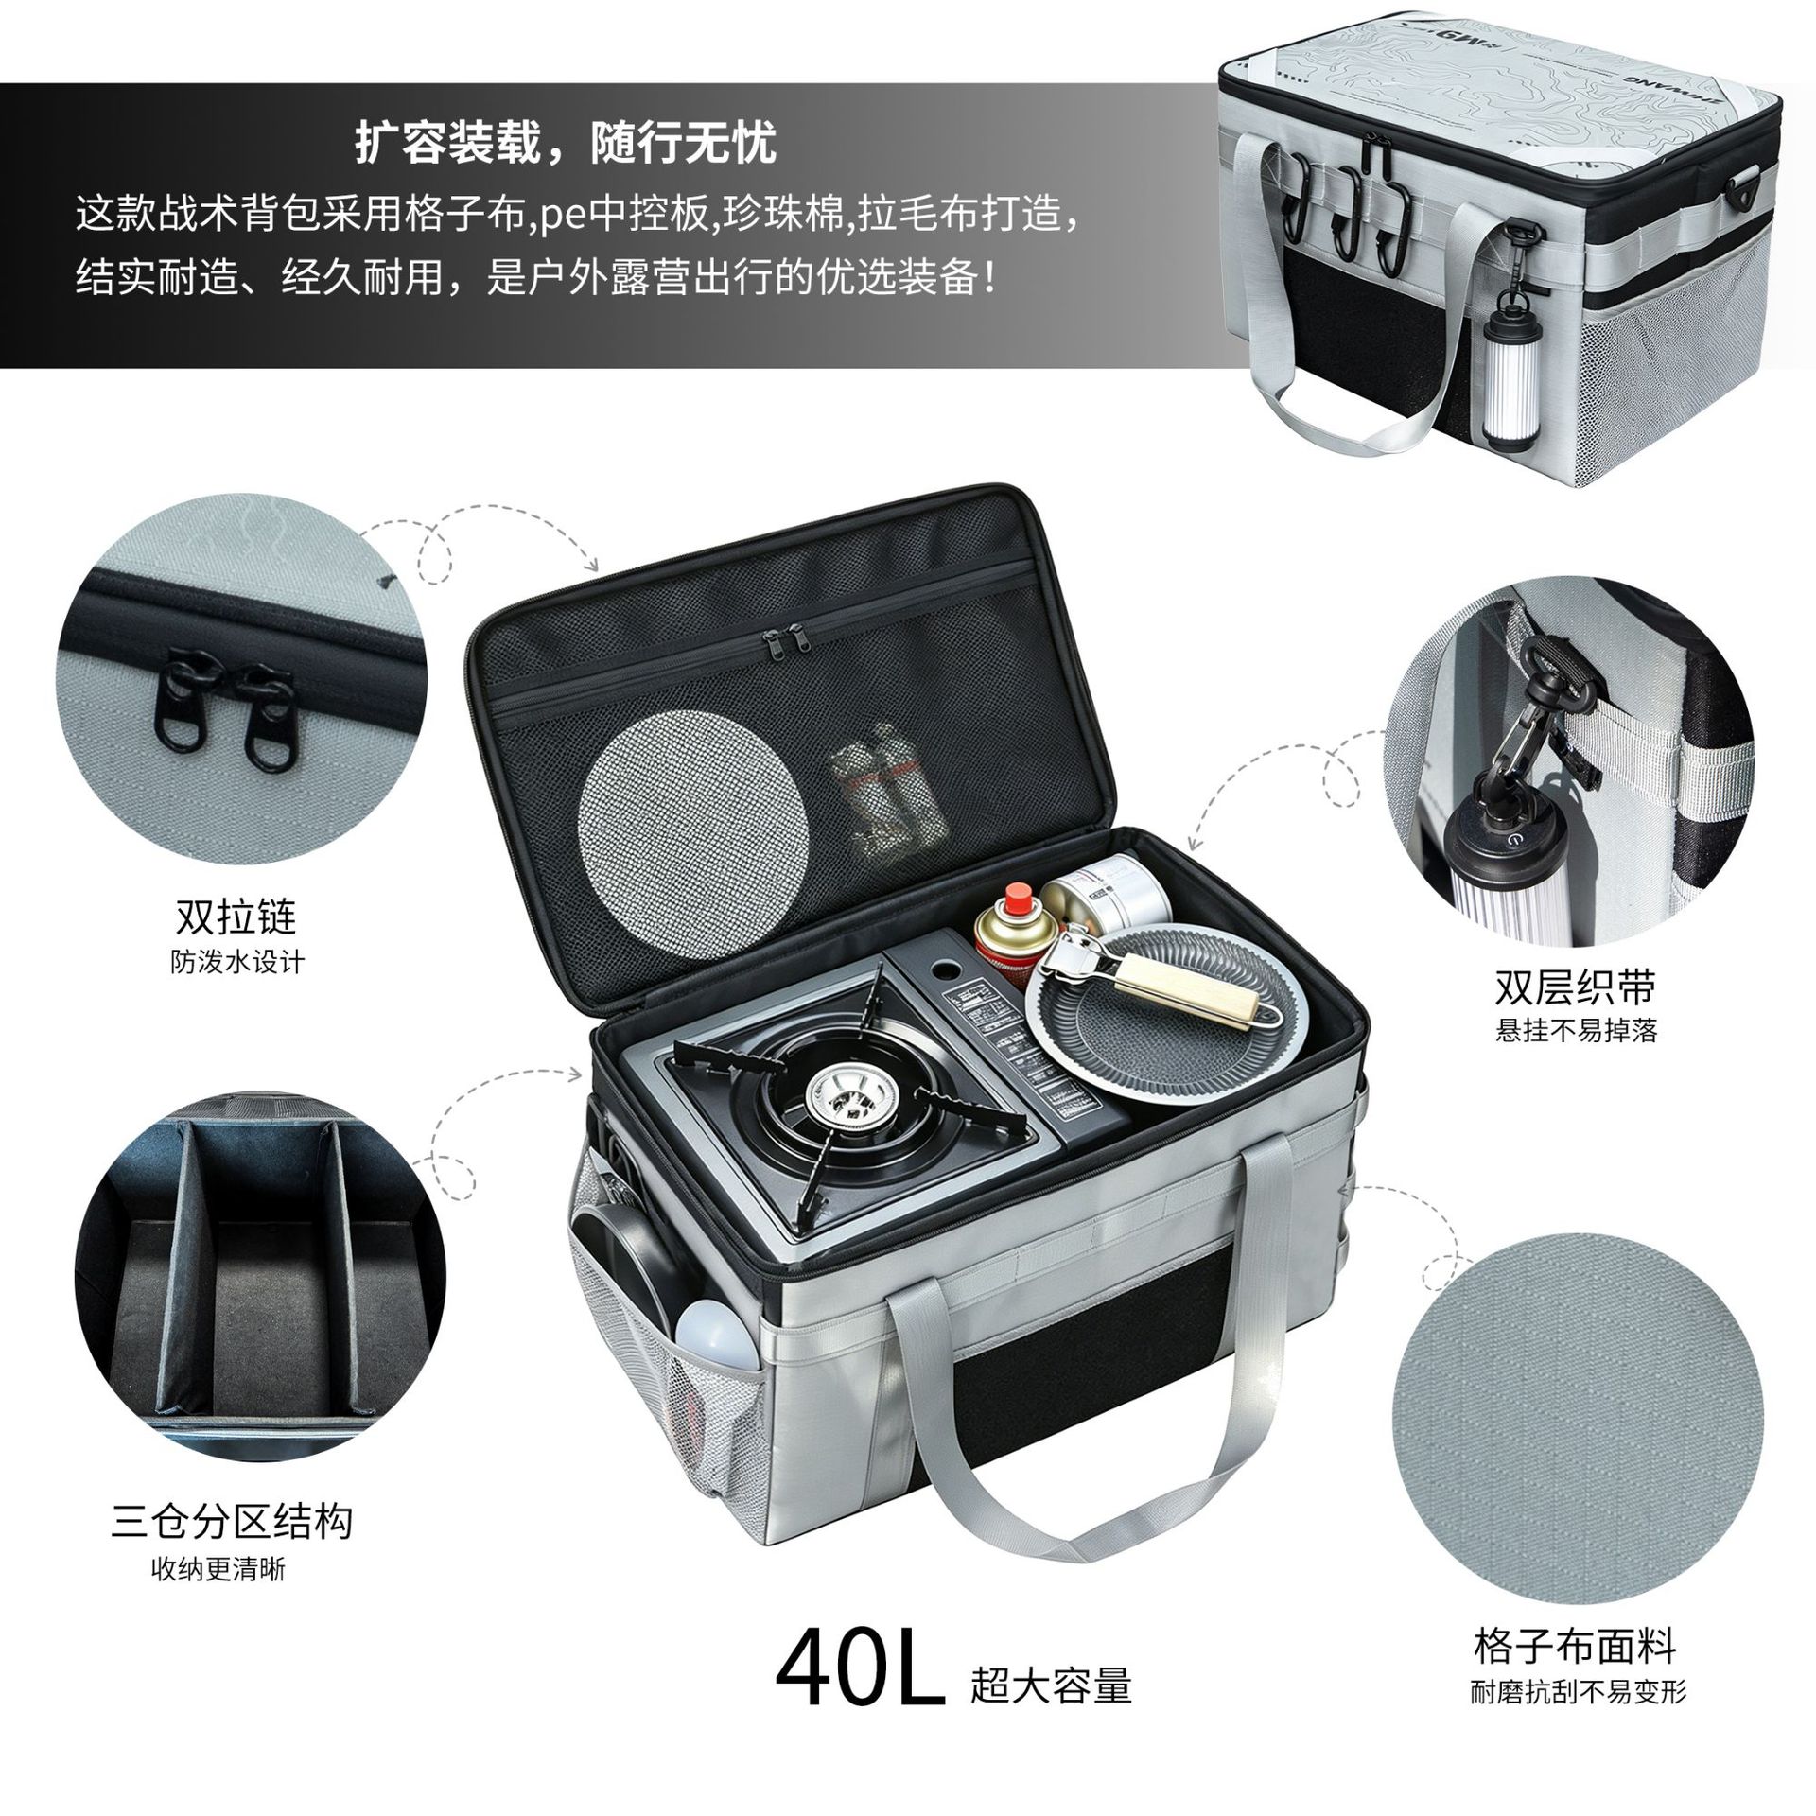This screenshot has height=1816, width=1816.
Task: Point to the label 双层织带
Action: click(x=1576, y=987)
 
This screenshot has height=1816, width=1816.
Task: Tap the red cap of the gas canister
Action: click(x=1018, y=898)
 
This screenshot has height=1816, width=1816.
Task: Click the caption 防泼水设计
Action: click(x=237, y=963)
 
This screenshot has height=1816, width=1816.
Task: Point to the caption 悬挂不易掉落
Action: click(x=1577, y=1030)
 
